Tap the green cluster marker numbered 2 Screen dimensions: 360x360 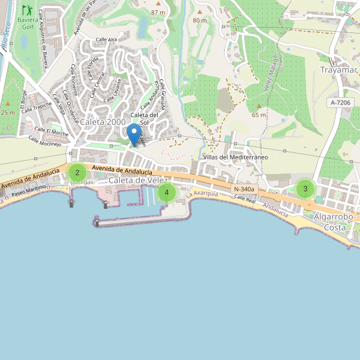77,173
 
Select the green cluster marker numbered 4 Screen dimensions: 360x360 167,193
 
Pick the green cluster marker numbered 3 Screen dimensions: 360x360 305,189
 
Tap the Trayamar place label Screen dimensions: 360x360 339,70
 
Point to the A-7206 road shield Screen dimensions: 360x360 340,103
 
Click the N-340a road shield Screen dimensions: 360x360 244,190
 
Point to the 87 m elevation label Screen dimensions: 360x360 158,12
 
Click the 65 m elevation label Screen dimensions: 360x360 259,115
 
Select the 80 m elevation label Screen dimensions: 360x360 199,20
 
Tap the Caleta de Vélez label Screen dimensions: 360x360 137,181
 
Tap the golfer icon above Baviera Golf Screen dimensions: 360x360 27,10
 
